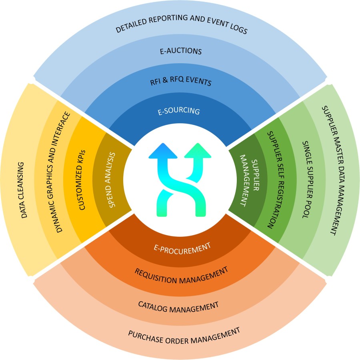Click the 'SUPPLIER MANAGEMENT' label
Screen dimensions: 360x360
coord(247,179)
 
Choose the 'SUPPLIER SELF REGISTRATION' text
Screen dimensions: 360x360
coord(274,180)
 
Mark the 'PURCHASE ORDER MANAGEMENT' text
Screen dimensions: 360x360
coord(184,336)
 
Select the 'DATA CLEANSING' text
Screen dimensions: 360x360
coord(25,190)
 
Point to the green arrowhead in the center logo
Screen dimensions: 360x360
coord(198,151)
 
